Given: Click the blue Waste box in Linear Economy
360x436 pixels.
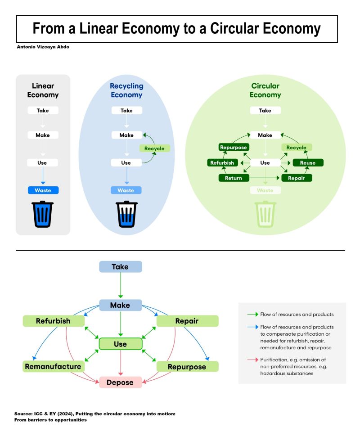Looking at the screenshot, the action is click(x=43, y=190).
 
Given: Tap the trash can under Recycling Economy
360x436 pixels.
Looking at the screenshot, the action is click(x=126, y=214).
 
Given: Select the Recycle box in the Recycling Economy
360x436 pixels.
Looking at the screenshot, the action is click(x=154, y=148).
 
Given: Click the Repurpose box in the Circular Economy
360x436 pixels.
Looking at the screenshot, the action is click(x=234, y=147).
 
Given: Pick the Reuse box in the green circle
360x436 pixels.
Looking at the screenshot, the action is click(x=308, y=163).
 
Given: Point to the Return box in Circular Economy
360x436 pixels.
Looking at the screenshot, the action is click(x=234, y=178).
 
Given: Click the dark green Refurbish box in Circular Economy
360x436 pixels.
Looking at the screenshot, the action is click(x=222, y=163).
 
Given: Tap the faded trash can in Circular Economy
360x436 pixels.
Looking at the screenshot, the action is click(x=265, y=214).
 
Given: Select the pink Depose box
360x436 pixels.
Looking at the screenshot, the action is click(x=121, y=382).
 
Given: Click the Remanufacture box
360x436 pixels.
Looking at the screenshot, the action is click(x=54, y=367).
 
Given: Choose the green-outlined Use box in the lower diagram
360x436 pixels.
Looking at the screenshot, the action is click(x=121, y=344).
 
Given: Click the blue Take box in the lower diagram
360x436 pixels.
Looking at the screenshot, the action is click(x=121, y=267).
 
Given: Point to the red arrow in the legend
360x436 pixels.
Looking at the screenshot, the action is click(x=253, y=360).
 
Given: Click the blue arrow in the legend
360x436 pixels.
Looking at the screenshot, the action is click(x=253, y=327).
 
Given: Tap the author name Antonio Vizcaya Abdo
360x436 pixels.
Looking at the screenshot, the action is click(x=43, y=47).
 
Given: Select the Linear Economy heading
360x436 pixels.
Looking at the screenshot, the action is click(x=43, y=90).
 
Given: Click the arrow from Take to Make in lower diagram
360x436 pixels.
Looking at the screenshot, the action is click(x=121, y=285).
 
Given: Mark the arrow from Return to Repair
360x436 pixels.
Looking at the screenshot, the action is click(x=264, y=178).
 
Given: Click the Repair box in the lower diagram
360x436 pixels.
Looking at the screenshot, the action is click(x=187, y=321).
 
